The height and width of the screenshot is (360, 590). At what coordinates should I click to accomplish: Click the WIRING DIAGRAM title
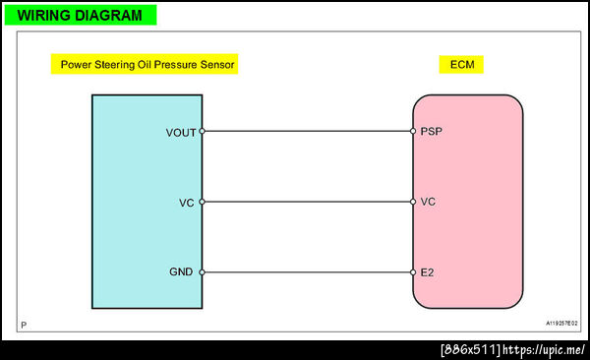(x=80, y=16)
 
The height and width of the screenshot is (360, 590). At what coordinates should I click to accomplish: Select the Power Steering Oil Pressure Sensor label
(x=147, y=64)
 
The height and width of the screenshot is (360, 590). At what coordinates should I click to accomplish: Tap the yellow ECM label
(x=462, y=64)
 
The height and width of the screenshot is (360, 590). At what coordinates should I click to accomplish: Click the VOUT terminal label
(x=181, y=133)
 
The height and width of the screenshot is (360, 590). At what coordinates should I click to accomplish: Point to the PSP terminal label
(x=432, y=131)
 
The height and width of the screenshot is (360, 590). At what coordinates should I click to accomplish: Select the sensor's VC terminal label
(x=186, y=203)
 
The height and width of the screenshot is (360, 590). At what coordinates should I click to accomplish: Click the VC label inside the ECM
(x=428, y=202)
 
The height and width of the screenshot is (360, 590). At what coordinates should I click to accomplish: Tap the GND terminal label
(x=181, y=271)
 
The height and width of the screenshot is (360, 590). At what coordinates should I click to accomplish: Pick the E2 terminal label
(x=427, y=272)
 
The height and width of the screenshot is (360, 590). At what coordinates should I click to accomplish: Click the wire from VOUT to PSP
(x=308, y=131)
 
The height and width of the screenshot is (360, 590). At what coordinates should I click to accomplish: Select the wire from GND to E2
(x=308, y=272)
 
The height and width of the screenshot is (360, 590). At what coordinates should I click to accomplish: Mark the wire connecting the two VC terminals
(x=308, y=202)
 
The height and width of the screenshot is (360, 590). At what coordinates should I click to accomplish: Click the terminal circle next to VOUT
(x=202, y=131)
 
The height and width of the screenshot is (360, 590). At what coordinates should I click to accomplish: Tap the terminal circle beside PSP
(x=413, y=131)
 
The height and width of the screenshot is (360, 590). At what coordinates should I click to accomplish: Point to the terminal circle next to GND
(x=202, y=272)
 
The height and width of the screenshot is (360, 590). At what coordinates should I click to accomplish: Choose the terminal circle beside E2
(x=413, y=272)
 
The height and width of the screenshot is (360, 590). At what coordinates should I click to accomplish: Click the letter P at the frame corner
(x=24, y=325)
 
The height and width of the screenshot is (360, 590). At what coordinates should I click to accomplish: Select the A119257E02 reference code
(x=561, y=323)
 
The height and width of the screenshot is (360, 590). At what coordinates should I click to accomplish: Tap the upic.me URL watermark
(x=544, y=350)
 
